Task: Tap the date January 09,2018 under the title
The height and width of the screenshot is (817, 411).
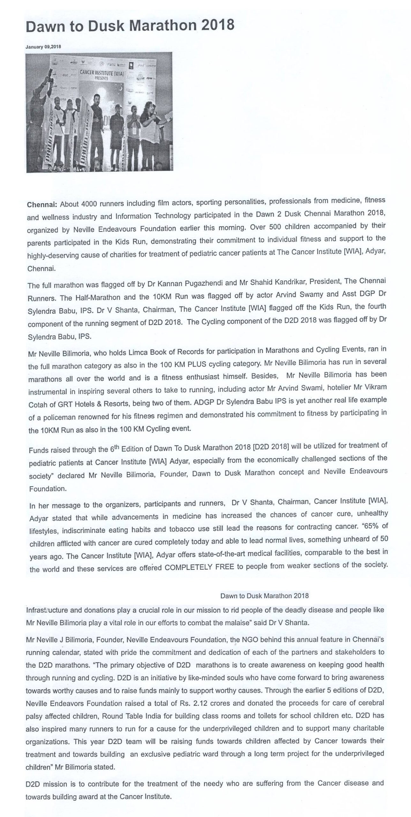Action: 43,47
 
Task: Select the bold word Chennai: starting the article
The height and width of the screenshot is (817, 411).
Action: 42,205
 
